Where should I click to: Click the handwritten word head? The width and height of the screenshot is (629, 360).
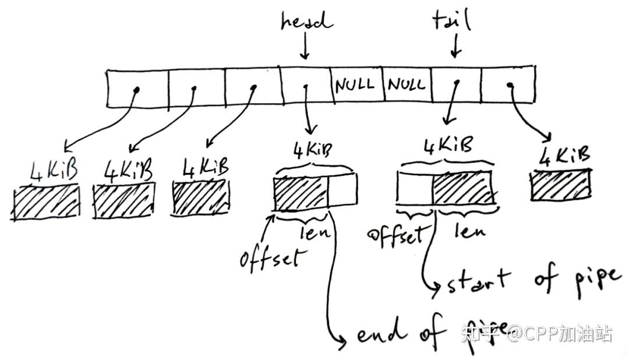pyautogui.click(x=306, y=22)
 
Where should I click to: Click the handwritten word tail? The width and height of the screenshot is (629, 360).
pyautogui.click(x=451, y=22)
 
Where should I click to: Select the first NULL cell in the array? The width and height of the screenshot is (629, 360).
pyautogui.click(x=355, y=85)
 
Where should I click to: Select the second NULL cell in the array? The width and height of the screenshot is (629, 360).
pyautogui.click(x=407, y=86)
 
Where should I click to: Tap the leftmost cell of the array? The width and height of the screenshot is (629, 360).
pyautogui.click(x=137, y=89)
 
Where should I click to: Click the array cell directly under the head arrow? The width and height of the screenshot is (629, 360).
pyautogui.click(x=306, y=87)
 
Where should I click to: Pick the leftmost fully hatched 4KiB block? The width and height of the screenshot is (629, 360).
pyautogui.click(x=46, y=202)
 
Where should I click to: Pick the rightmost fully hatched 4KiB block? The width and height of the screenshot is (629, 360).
pyautogui.click(x=560, y=185)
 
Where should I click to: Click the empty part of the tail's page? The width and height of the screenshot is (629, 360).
pyautogui.click(x=414, y=189)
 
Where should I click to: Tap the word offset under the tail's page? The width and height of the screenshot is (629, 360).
pyautogui.click(x=395, y=235)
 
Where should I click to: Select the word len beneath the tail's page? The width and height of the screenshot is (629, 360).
pyautogui.click(x=469, y=231)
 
